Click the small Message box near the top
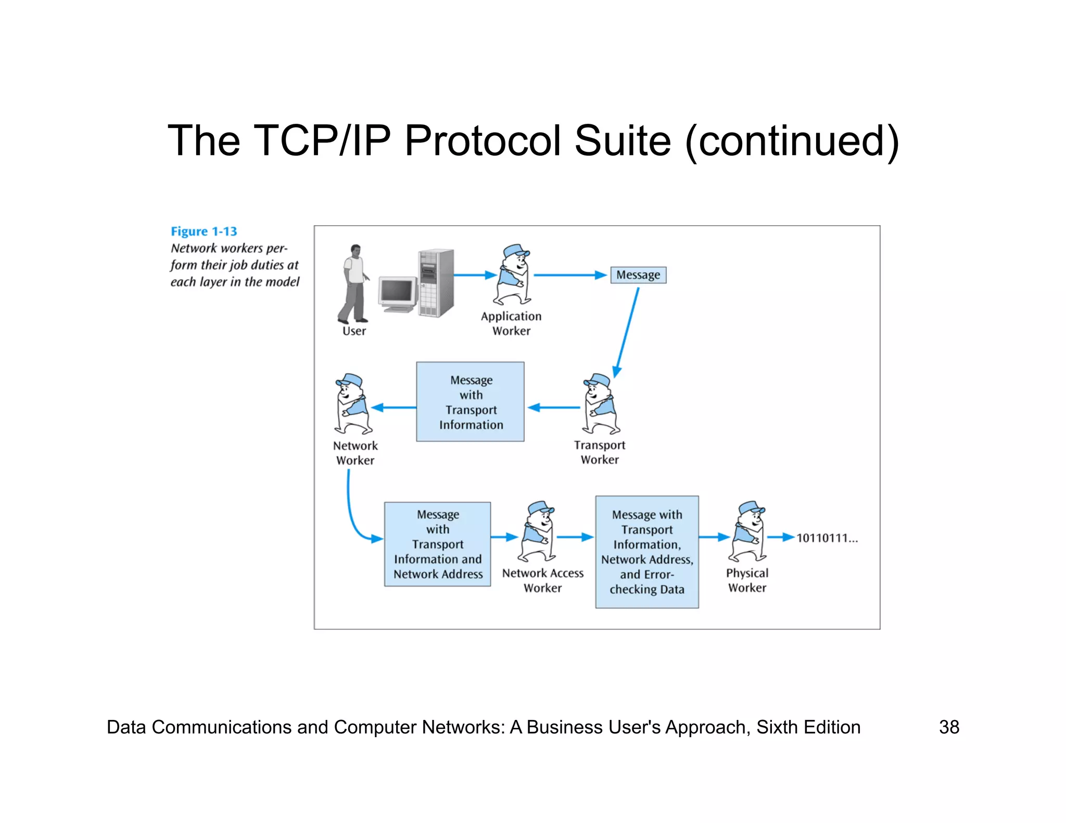tap(638, 275)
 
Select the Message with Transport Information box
tap(470, 402)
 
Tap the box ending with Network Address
tap(437, 544)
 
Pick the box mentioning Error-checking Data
tap(646, 552)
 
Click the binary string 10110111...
tap(826, 538)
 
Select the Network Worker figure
tap(352, 404)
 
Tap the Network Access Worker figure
tap(539, 532)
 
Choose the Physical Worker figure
tap(748, 532)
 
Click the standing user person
tap(354, 284)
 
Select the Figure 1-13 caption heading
tap(204, 232)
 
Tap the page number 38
tap(948, 727)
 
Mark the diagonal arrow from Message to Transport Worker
tap(627, 332)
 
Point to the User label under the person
tap(354, 331)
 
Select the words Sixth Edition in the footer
tap(808, 727)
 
